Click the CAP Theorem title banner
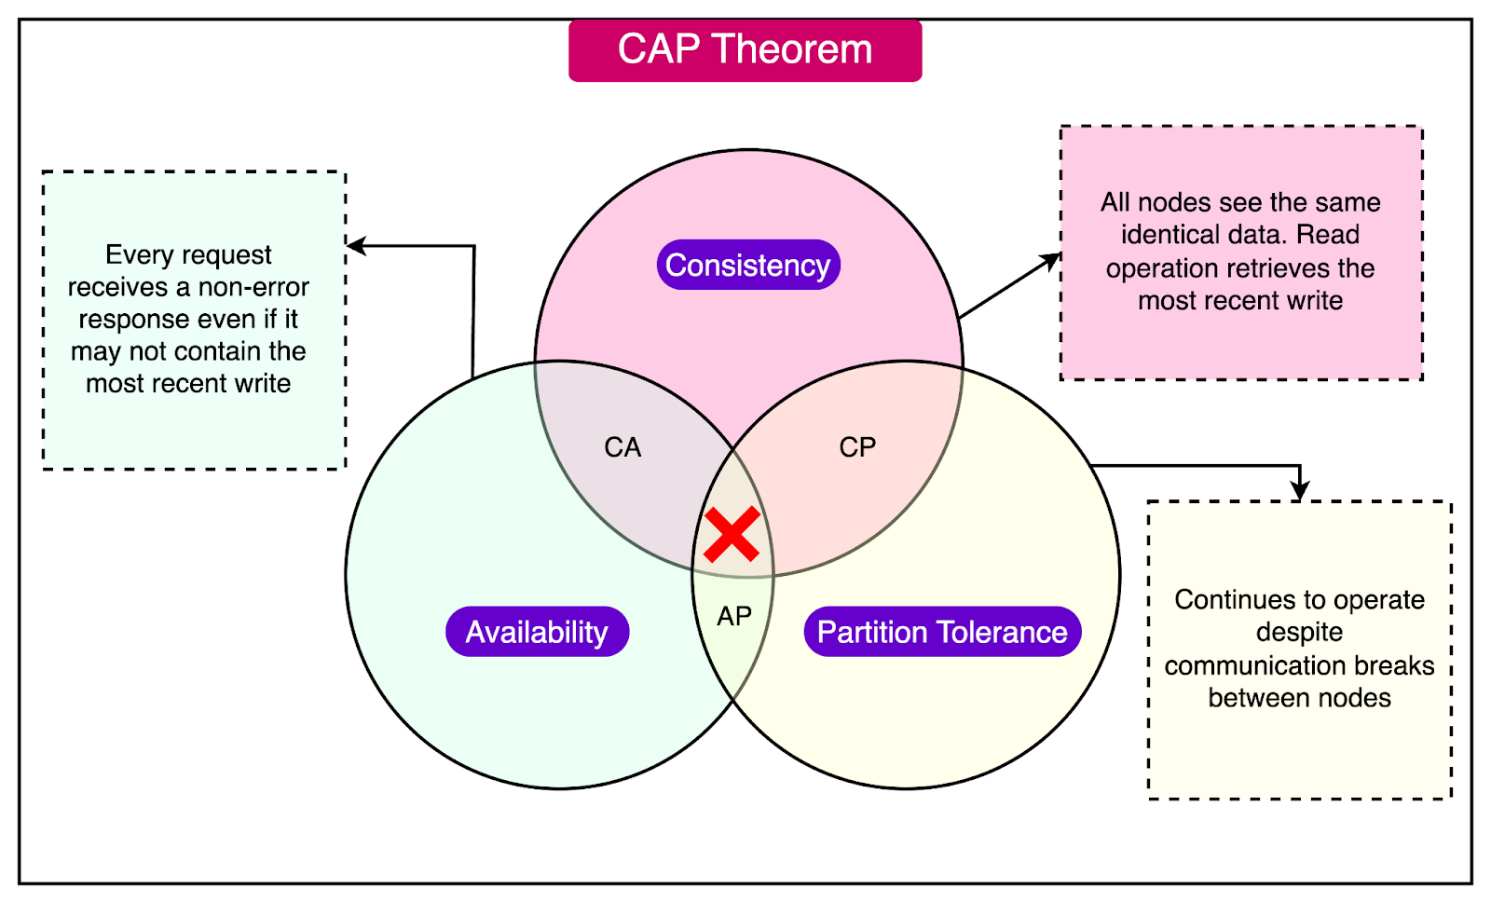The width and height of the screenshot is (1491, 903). point(745,50)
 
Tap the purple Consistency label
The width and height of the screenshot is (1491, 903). point(748,266)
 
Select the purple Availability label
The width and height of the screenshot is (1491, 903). point(537,633)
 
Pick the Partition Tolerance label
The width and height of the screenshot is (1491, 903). point(942,633)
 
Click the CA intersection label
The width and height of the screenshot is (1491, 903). point(622,448)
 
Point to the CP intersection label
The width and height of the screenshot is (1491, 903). point(857,448)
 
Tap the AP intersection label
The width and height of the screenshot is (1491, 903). point(734,616)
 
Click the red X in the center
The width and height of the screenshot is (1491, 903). point(732,535)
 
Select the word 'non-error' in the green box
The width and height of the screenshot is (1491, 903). point(253,287)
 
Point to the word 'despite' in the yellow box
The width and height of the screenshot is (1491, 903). point(1299,633)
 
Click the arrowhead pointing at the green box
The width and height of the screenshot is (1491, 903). point(355,246)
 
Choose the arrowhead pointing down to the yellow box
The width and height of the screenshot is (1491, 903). point(1300,491)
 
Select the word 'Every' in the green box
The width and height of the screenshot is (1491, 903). point(139,255)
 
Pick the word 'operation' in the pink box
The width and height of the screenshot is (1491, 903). point(1158,268)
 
